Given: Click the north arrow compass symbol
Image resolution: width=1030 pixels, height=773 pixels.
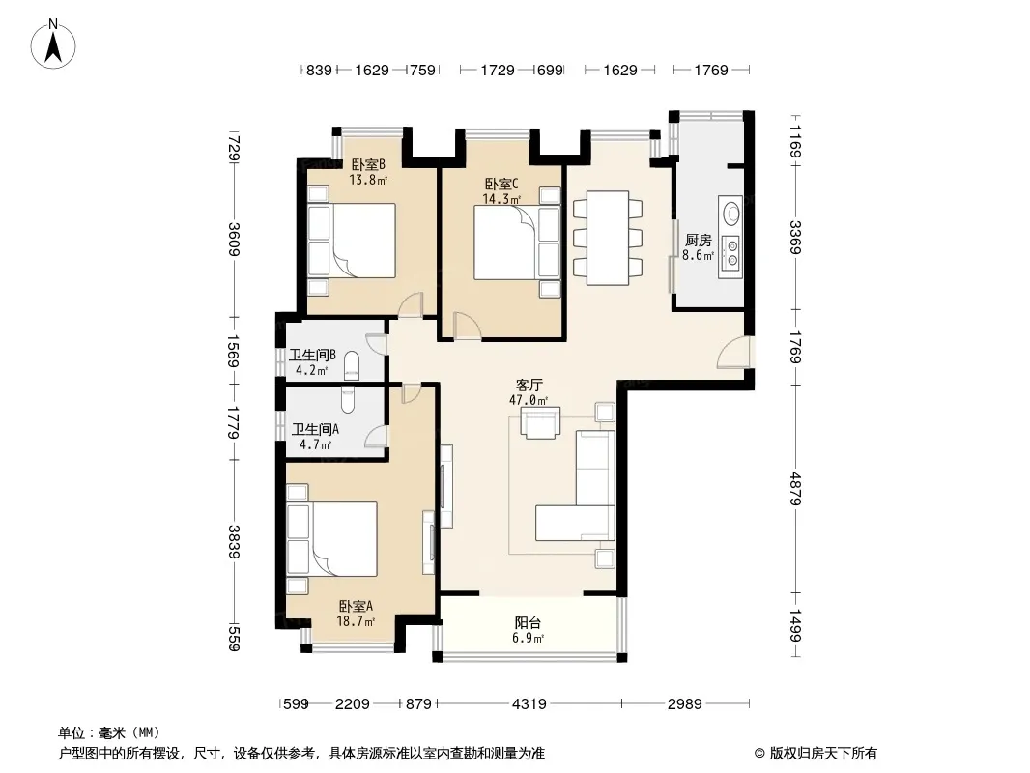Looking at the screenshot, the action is (x=53, y=43).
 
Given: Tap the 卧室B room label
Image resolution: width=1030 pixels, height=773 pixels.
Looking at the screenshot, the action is (x=368, y=164).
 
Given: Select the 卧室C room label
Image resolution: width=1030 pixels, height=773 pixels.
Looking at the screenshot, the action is (x=501, y=185).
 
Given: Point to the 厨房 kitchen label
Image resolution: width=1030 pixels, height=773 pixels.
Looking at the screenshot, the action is (x=698, y=241).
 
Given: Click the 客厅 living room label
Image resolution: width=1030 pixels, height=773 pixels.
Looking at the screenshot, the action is (x=529, y=385).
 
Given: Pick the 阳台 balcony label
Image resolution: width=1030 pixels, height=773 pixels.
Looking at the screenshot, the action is (x=529, y=622).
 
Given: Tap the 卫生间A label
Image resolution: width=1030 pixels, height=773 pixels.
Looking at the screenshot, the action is (x=315, y=430).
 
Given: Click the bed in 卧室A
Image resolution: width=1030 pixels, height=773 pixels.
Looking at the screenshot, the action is (x=332, y=539).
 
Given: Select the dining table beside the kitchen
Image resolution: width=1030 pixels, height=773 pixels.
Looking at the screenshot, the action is (x=608, y=238).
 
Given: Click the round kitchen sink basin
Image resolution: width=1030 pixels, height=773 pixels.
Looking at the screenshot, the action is (x=730, y=214).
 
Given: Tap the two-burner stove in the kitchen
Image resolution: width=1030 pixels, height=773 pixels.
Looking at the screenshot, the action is (x=731, y=254).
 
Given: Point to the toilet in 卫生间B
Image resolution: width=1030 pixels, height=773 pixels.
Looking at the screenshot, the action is (x=352, y=366).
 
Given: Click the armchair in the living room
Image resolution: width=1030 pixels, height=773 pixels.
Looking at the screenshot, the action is (x=541, y=422).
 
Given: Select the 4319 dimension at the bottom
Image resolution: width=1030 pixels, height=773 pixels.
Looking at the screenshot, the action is (x=529, y=704).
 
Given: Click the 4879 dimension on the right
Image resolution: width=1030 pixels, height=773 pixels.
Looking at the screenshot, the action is (x=795, y=489).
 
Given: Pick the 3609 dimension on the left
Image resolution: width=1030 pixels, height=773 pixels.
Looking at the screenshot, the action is (x=234, y=240).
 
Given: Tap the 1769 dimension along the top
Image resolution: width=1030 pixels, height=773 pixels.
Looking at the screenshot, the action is (x=711, y=70).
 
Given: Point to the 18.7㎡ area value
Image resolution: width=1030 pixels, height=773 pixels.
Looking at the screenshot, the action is (x=356, y=621).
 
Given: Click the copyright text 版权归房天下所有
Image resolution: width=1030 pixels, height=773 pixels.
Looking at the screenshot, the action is (x=822, y=754).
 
